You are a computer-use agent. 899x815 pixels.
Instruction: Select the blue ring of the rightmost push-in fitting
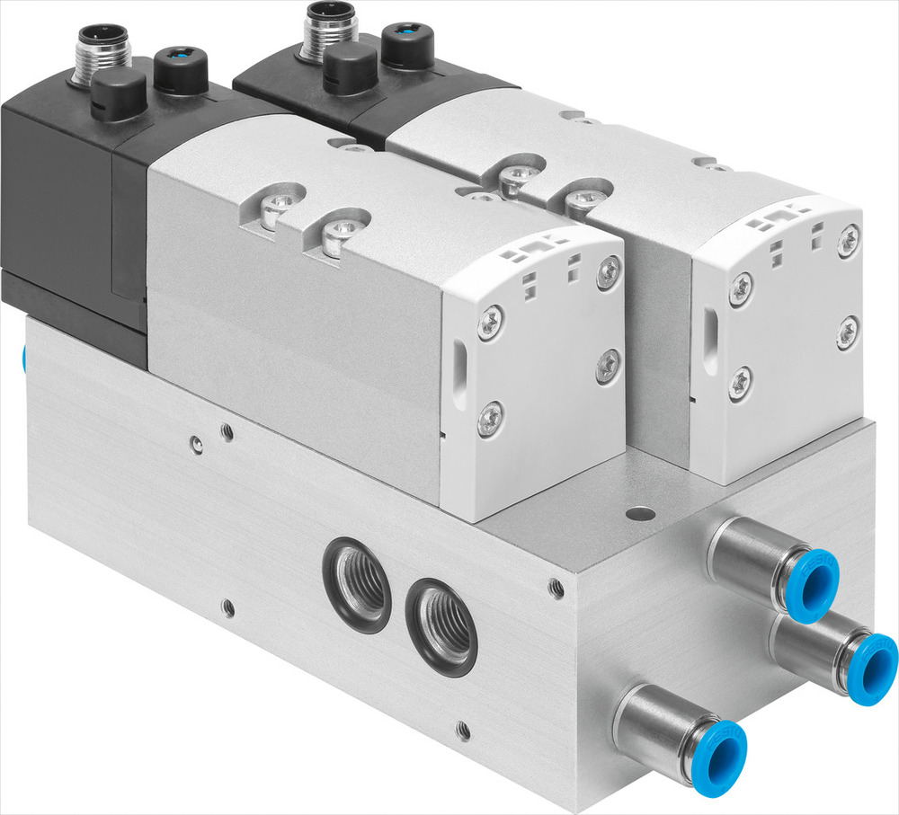[x=869, y=667]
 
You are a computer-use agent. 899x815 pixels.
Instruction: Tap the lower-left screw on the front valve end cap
[x=490, y=418]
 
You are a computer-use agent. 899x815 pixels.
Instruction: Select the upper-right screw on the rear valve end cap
[x=848, y=241]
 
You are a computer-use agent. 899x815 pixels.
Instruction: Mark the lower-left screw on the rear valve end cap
[x=739, y=382]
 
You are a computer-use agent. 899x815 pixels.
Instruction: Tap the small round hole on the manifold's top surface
[x=639, y=515]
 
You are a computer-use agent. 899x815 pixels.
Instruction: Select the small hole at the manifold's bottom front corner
[x=462, y=729]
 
